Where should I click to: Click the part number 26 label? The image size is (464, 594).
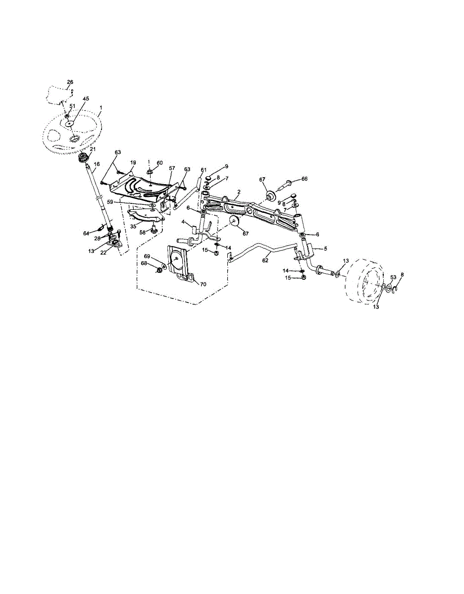click(x=70, y=82)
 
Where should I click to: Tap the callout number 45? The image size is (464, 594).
click(x=86, y=99)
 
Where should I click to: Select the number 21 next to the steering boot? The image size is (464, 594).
click(x=93, y=149)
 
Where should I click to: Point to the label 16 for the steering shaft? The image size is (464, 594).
click(x=97, y=164)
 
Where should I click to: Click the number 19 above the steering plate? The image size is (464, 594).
click(x=133, y=162)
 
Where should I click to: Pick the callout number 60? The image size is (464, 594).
click(x=159, y=163)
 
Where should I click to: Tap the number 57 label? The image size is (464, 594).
click(x=171, y=168)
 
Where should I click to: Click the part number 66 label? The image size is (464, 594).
click(x=305, y=179)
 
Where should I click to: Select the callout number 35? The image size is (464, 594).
click(x=133, y=226)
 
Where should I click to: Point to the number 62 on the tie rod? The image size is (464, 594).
click(x=265, y=260)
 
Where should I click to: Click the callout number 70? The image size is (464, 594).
click(x=203, y=284)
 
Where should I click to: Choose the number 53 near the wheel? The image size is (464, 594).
click(x=393, y=277)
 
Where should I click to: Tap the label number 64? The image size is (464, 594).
click(x=86, y=233)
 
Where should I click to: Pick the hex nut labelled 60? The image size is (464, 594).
click(x=150, y=172)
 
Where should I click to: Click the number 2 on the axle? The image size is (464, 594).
click(x=239, y=192)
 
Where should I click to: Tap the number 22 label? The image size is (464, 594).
click(x=103, y=252)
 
